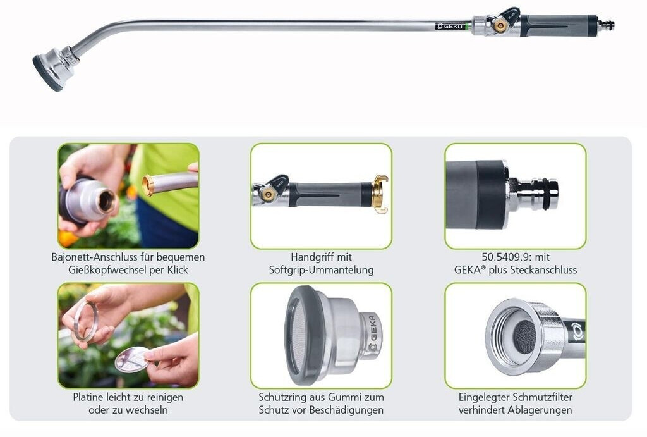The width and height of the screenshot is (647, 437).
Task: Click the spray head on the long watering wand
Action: (x=54, y=68)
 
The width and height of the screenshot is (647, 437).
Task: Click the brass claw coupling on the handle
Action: (x=380, y=194)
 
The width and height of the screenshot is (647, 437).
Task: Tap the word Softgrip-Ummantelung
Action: (x=321, y=270)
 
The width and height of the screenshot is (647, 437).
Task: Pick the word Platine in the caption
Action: (x=88, y=397)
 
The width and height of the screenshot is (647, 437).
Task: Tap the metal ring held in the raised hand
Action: (x=85, y=321)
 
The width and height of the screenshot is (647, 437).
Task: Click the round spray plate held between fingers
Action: (x=131, y=359)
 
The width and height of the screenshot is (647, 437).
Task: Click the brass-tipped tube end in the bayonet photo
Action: (x=148, y=185)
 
